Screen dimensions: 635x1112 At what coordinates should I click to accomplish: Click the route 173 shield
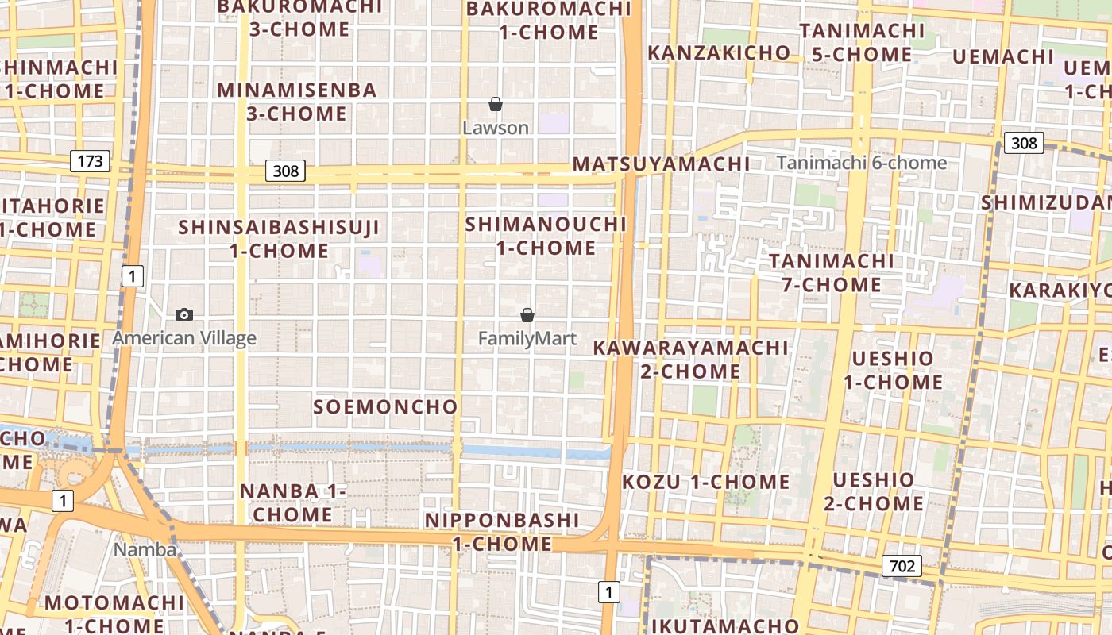[90, 161]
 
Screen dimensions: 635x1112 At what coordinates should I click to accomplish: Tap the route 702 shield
[901, 566]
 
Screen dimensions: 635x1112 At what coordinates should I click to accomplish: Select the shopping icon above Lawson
[496, 104]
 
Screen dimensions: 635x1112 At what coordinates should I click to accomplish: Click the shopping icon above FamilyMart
[527, 315]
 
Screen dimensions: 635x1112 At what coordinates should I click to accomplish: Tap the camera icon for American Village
[184, 314]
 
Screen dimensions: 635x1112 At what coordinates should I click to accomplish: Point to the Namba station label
[145, 549]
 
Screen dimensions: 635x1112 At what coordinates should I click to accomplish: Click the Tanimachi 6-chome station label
[861, 163]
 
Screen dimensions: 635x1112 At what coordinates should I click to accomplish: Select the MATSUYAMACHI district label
[661, 164]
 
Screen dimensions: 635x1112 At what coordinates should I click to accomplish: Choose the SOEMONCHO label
[385, 407]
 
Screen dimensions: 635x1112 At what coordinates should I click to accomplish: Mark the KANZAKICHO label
[719, 53]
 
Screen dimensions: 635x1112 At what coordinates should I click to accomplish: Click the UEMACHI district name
[1002, 56]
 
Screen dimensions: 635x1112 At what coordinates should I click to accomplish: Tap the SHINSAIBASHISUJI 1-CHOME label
[279, 239]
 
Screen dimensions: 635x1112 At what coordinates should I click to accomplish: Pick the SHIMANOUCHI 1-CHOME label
[546, 236]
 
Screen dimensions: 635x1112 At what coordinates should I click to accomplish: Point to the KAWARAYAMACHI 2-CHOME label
[690, 360]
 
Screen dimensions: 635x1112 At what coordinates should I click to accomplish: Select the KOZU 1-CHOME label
[705, 482]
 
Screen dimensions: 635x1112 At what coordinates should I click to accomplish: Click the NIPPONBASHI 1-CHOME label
[502, 532]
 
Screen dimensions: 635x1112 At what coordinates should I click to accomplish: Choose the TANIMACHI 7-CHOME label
[832, 272]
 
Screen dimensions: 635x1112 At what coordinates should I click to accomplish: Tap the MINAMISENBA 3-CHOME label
[296, 102]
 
